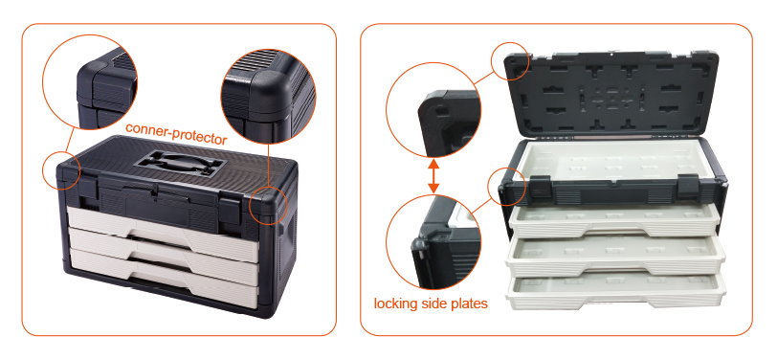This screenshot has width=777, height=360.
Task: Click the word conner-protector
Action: tap(176, 133)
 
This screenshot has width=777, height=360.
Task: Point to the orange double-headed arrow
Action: tap(433, 176)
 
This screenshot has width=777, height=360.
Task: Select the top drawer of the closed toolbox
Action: tap(163, 228)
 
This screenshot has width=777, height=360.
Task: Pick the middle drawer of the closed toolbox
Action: tap(163, 254)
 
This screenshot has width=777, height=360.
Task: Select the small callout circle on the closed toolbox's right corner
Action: tap(268, 206)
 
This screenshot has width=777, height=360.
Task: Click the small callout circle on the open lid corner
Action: tap(510, 60)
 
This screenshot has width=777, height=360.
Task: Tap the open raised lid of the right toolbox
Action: tap(611, 93)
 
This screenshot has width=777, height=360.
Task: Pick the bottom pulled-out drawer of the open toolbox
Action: tap(615, 293)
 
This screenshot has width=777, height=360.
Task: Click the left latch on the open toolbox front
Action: tap(541, 184)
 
